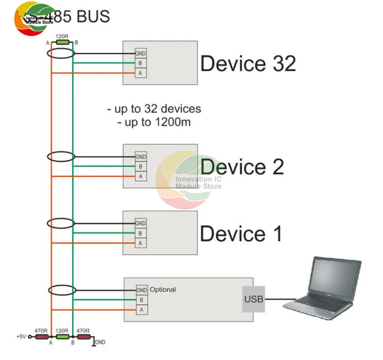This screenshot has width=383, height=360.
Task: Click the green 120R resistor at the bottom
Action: coord(62,337)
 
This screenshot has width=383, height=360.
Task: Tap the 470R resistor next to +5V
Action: coord(41,337)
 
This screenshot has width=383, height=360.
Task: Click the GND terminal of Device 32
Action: coord(141,54)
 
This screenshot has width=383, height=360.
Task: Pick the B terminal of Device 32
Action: coord(141,63)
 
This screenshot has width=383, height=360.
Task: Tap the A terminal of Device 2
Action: coord(141,176)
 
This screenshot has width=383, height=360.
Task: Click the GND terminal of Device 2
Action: coord(141,157)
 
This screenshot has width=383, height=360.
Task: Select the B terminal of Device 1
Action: coord(141,233)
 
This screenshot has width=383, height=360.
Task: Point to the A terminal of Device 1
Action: coord(141,243)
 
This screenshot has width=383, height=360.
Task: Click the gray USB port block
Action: coord(254,299)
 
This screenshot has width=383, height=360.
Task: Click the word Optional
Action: coord(163,289)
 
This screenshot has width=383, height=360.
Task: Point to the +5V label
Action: coord(21,337)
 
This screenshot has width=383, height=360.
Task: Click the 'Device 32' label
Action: coord(248,64)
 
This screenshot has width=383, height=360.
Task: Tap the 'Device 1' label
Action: coord(241,233)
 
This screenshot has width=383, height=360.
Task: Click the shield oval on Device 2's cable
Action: coord(61,156)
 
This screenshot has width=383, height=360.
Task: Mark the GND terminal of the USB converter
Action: coord(142,290)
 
